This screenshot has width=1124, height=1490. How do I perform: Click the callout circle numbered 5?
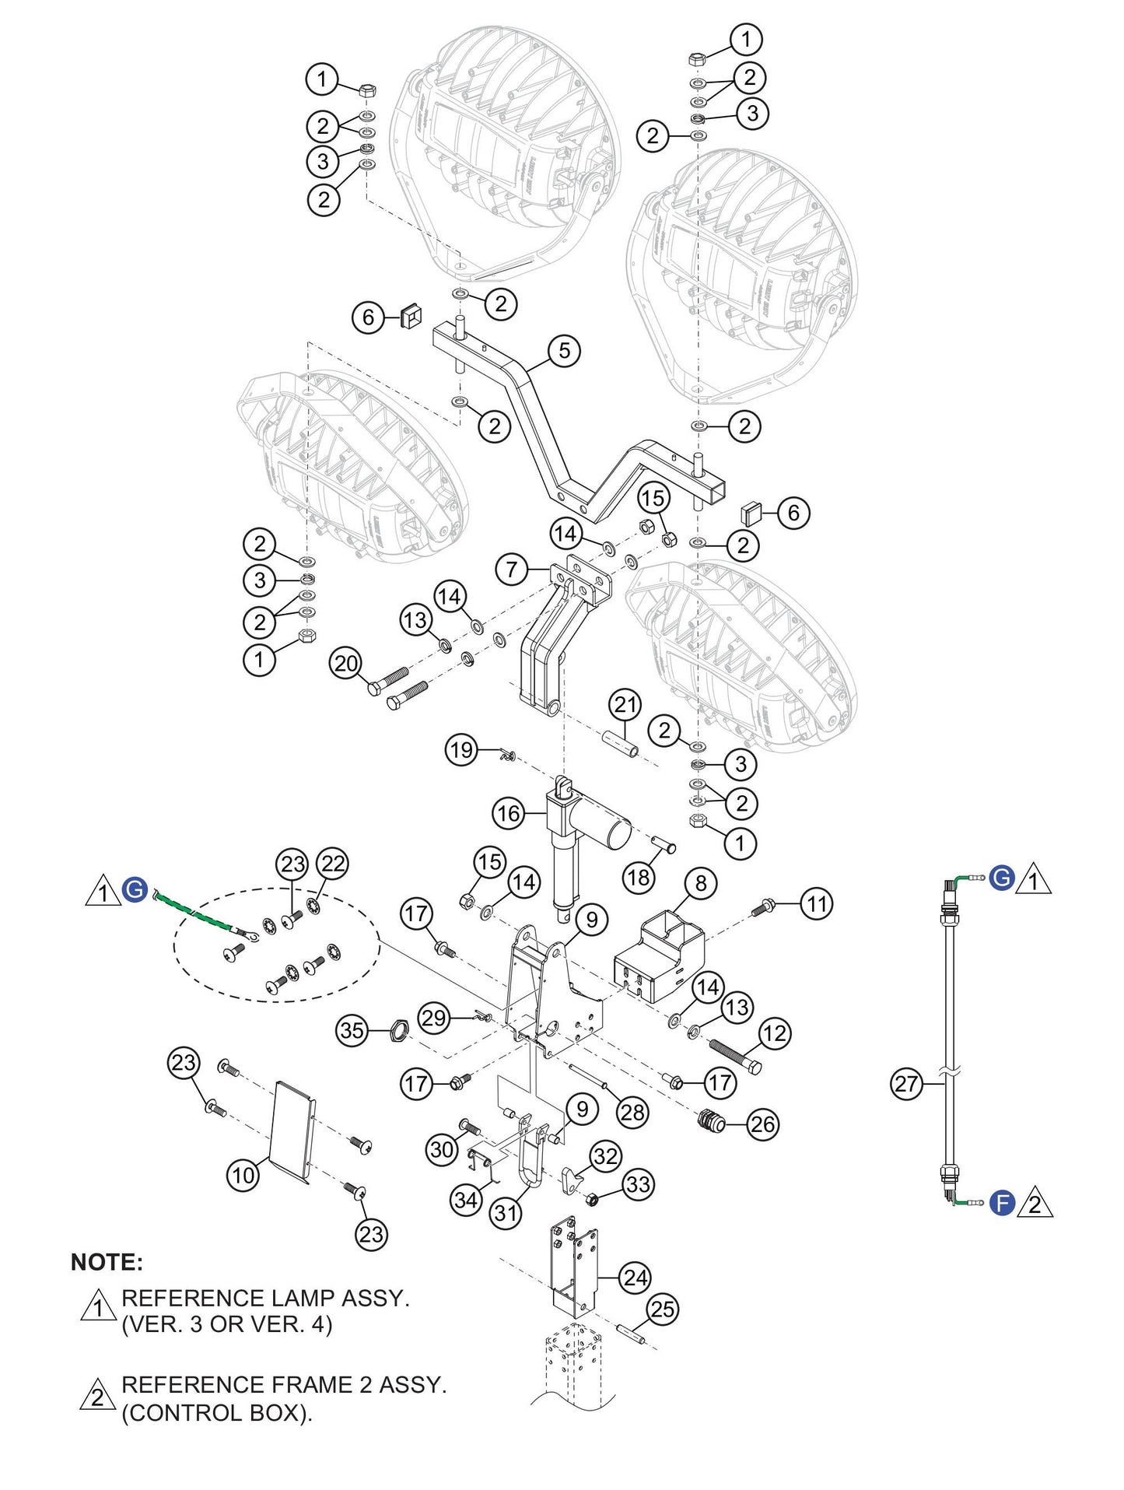click(565, 350)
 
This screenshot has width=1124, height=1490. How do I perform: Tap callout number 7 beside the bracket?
click(511, 570)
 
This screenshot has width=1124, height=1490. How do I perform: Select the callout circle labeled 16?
click(508, 814)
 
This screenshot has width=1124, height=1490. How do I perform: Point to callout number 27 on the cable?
click(906, 1083)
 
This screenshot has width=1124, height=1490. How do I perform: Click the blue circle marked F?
click(1003, 1204)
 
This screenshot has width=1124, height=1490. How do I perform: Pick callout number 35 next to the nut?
click(352, 1031)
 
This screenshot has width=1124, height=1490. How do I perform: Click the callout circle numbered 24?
click(636, 1278)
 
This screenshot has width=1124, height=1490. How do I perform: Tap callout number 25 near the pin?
click(663, 1309)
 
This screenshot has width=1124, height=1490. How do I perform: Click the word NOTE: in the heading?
click(107, 1262)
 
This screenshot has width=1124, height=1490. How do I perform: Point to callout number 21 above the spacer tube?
click(625, 705)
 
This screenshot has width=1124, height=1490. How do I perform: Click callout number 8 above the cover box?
click(701, 883)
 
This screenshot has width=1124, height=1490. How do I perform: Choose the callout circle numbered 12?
click(774, 1033)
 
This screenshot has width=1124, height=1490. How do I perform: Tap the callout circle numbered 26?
click(762, 1124)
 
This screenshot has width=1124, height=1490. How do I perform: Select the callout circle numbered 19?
click(461, 750)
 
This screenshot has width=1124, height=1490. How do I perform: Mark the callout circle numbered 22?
click(333, 864)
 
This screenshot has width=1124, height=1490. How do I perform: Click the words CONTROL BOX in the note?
click(215, 1413)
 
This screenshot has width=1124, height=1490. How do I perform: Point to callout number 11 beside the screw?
click(817, 904)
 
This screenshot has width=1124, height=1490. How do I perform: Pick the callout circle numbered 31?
click(506, 1213)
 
